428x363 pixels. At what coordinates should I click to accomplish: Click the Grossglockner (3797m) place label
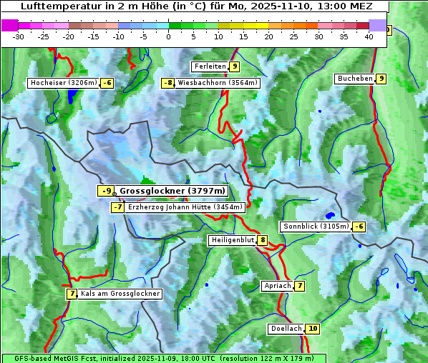click(x=172, y=191)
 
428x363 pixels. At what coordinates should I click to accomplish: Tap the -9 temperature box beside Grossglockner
click(x=106, y=191)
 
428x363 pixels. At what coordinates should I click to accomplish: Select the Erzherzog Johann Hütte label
click(x=185, y=207)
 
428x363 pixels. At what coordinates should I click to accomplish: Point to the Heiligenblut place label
click(x=233, y=240)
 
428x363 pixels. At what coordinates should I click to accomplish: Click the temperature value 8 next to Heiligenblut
click(x=263, y=240)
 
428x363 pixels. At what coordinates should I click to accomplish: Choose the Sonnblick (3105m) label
click(x=316, y=227)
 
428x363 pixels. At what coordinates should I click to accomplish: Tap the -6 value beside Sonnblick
click(x=359, y=227)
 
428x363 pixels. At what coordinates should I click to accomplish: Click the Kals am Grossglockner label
click(x=120, y=294)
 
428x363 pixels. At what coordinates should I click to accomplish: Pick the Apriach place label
click(x=278, y=286)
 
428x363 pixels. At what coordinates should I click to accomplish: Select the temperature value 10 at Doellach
click(x=312, y=329)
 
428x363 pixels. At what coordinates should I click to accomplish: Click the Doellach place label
click(x=286, y=329)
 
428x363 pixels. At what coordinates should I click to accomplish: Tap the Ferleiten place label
click(x=210, y=66)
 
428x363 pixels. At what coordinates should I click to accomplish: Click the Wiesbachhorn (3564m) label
click(x=218, y=83)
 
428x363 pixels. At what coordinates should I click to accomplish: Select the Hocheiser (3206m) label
click(x=63, y=83)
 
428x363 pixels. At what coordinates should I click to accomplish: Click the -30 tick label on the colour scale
click(x=19, y=36)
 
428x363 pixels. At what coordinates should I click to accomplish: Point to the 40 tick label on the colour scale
click(x=369, y=36)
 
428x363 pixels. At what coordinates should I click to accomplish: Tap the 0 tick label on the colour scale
click(x=169, y=36)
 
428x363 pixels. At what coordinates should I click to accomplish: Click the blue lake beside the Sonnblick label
click(x=330, y=214)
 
